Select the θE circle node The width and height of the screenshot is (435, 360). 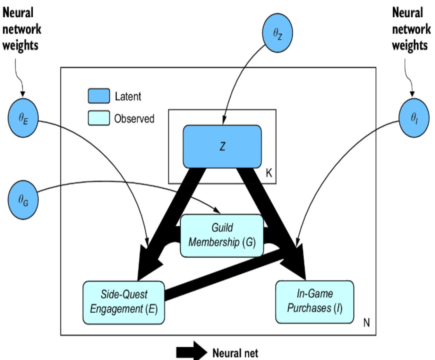click(x=23, y=118)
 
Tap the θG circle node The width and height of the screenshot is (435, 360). click(x=23, y=200)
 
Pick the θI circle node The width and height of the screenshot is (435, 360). click(x=414, y=118)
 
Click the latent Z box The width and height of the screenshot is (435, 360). click(x=222, y=146)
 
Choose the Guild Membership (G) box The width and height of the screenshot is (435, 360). click(x=222, y=235)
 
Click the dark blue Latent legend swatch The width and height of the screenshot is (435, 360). click(x=99, y=96)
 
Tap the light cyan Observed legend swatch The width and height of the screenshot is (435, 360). click(x=99, y=118)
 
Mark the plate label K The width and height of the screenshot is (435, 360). click(x=269, y=173)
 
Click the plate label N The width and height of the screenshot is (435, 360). click(x=366, y=323)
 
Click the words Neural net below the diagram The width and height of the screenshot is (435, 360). click(x=235, y=353)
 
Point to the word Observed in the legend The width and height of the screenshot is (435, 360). click(x=134, y=119)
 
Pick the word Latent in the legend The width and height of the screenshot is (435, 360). click(x=128, y=96)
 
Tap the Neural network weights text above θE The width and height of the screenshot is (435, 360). click(x=22, y=29)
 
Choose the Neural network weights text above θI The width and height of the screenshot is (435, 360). click(x=411, y=29)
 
